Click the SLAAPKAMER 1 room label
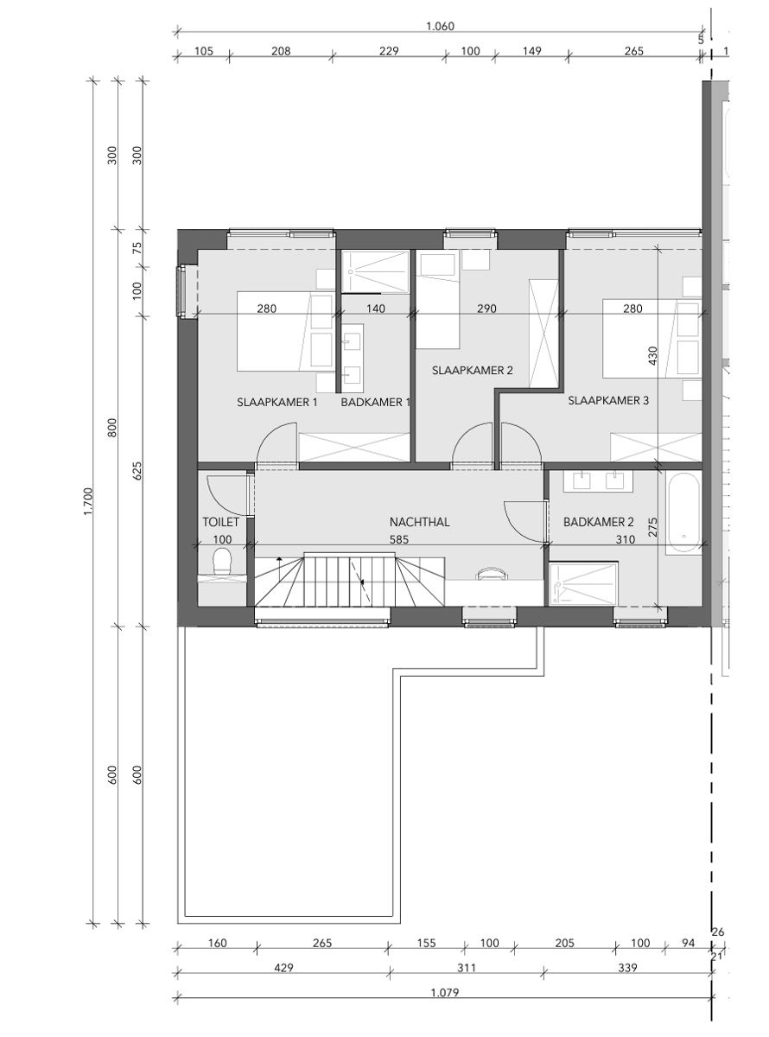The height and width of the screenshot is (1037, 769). (277, 403)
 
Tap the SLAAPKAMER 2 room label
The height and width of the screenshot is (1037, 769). (473, 371)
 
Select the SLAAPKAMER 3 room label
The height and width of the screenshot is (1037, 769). (607, 400)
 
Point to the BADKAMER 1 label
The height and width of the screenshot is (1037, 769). (375, 403)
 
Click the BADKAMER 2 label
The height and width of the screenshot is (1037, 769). (599, 522)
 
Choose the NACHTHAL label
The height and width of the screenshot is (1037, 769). (421, 522)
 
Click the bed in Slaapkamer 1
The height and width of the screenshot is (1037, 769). (285, 331)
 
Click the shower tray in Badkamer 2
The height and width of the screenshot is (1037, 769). (584, 583)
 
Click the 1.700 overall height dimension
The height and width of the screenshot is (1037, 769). (87, 501)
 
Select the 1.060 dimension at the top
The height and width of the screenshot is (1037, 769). (440, 26)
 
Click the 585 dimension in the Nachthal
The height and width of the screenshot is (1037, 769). (398, 539)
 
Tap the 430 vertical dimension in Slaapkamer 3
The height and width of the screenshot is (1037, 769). (653, 354)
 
